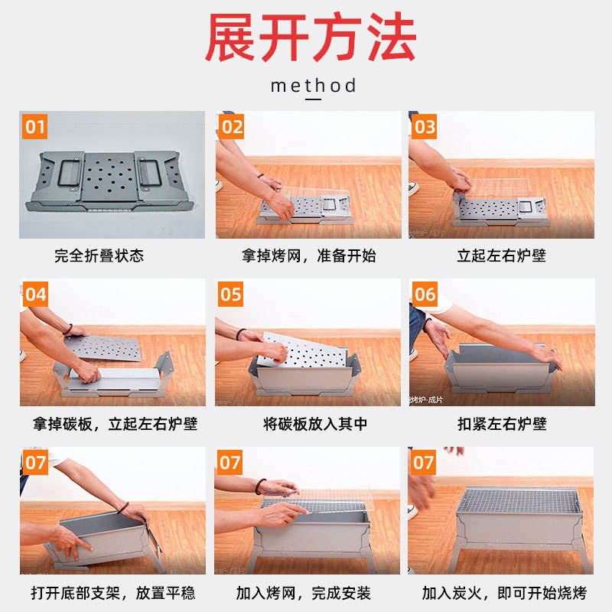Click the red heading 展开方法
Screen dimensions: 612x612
coord(311,37)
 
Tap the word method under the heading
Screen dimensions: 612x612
coord(314,86)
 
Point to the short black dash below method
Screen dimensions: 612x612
coord(313,99)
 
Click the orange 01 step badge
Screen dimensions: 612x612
coord(34,126)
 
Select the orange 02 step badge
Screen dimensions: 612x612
coord(231,126)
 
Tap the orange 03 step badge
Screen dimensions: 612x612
coord(425,126)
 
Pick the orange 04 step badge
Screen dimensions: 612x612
coord(35,294)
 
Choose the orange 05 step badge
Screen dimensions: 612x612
coord(230,294)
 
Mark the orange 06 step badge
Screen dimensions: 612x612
coord(425,294)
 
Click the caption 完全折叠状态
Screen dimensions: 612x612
coord(99,256)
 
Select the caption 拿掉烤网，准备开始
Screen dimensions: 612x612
coord(309,256)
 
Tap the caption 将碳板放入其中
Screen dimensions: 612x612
coord(315,424)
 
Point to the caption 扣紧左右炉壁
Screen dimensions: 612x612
coord(502,424)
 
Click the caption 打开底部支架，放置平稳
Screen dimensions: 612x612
coord(112,593)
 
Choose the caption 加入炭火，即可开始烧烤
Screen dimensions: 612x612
coord(504,593)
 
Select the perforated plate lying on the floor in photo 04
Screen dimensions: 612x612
coord(103,347)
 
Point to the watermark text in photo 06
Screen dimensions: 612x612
coord(426,399)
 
